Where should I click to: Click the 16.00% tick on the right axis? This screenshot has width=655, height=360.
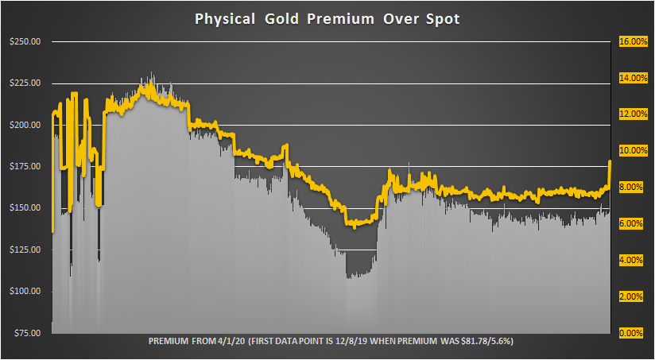[x=630, y=42]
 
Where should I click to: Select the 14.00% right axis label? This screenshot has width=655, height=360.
[x=630, y=79]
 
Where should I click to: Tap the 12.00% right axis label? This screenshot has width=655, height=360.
[x=630, y=114]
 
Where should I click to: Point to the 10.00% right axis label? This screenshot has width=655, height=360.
[x=630, y=151]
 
